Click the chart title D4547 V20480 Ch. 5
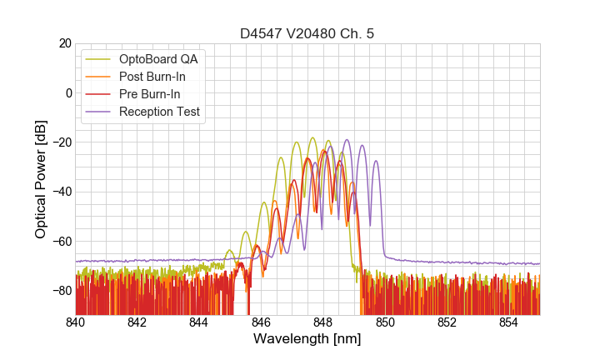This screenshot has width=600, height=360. pos(307,33)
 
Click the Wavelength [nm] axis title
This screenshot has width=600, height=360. pos(307,339)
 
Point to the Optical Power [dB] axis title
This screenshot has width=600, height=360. pos(41,179)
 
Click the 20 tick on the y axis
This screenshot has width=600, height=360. pos(64,43)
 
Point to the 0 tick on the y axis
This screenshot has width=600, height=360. pos(67,92)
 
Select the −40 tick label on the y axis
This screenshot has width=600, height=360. pos(61,192)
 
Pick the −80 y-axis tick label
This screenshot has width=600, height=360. pos(61,291)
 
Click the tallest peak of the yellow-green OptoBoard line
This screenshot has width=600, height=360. pos(312,138)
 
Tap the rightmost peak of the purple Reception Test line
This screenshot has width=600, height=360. pos(376,162)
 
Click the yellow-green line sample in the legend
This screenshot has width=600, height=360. pos(99,59)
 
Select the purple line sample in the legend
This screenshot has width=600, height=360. pos(99,112)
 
